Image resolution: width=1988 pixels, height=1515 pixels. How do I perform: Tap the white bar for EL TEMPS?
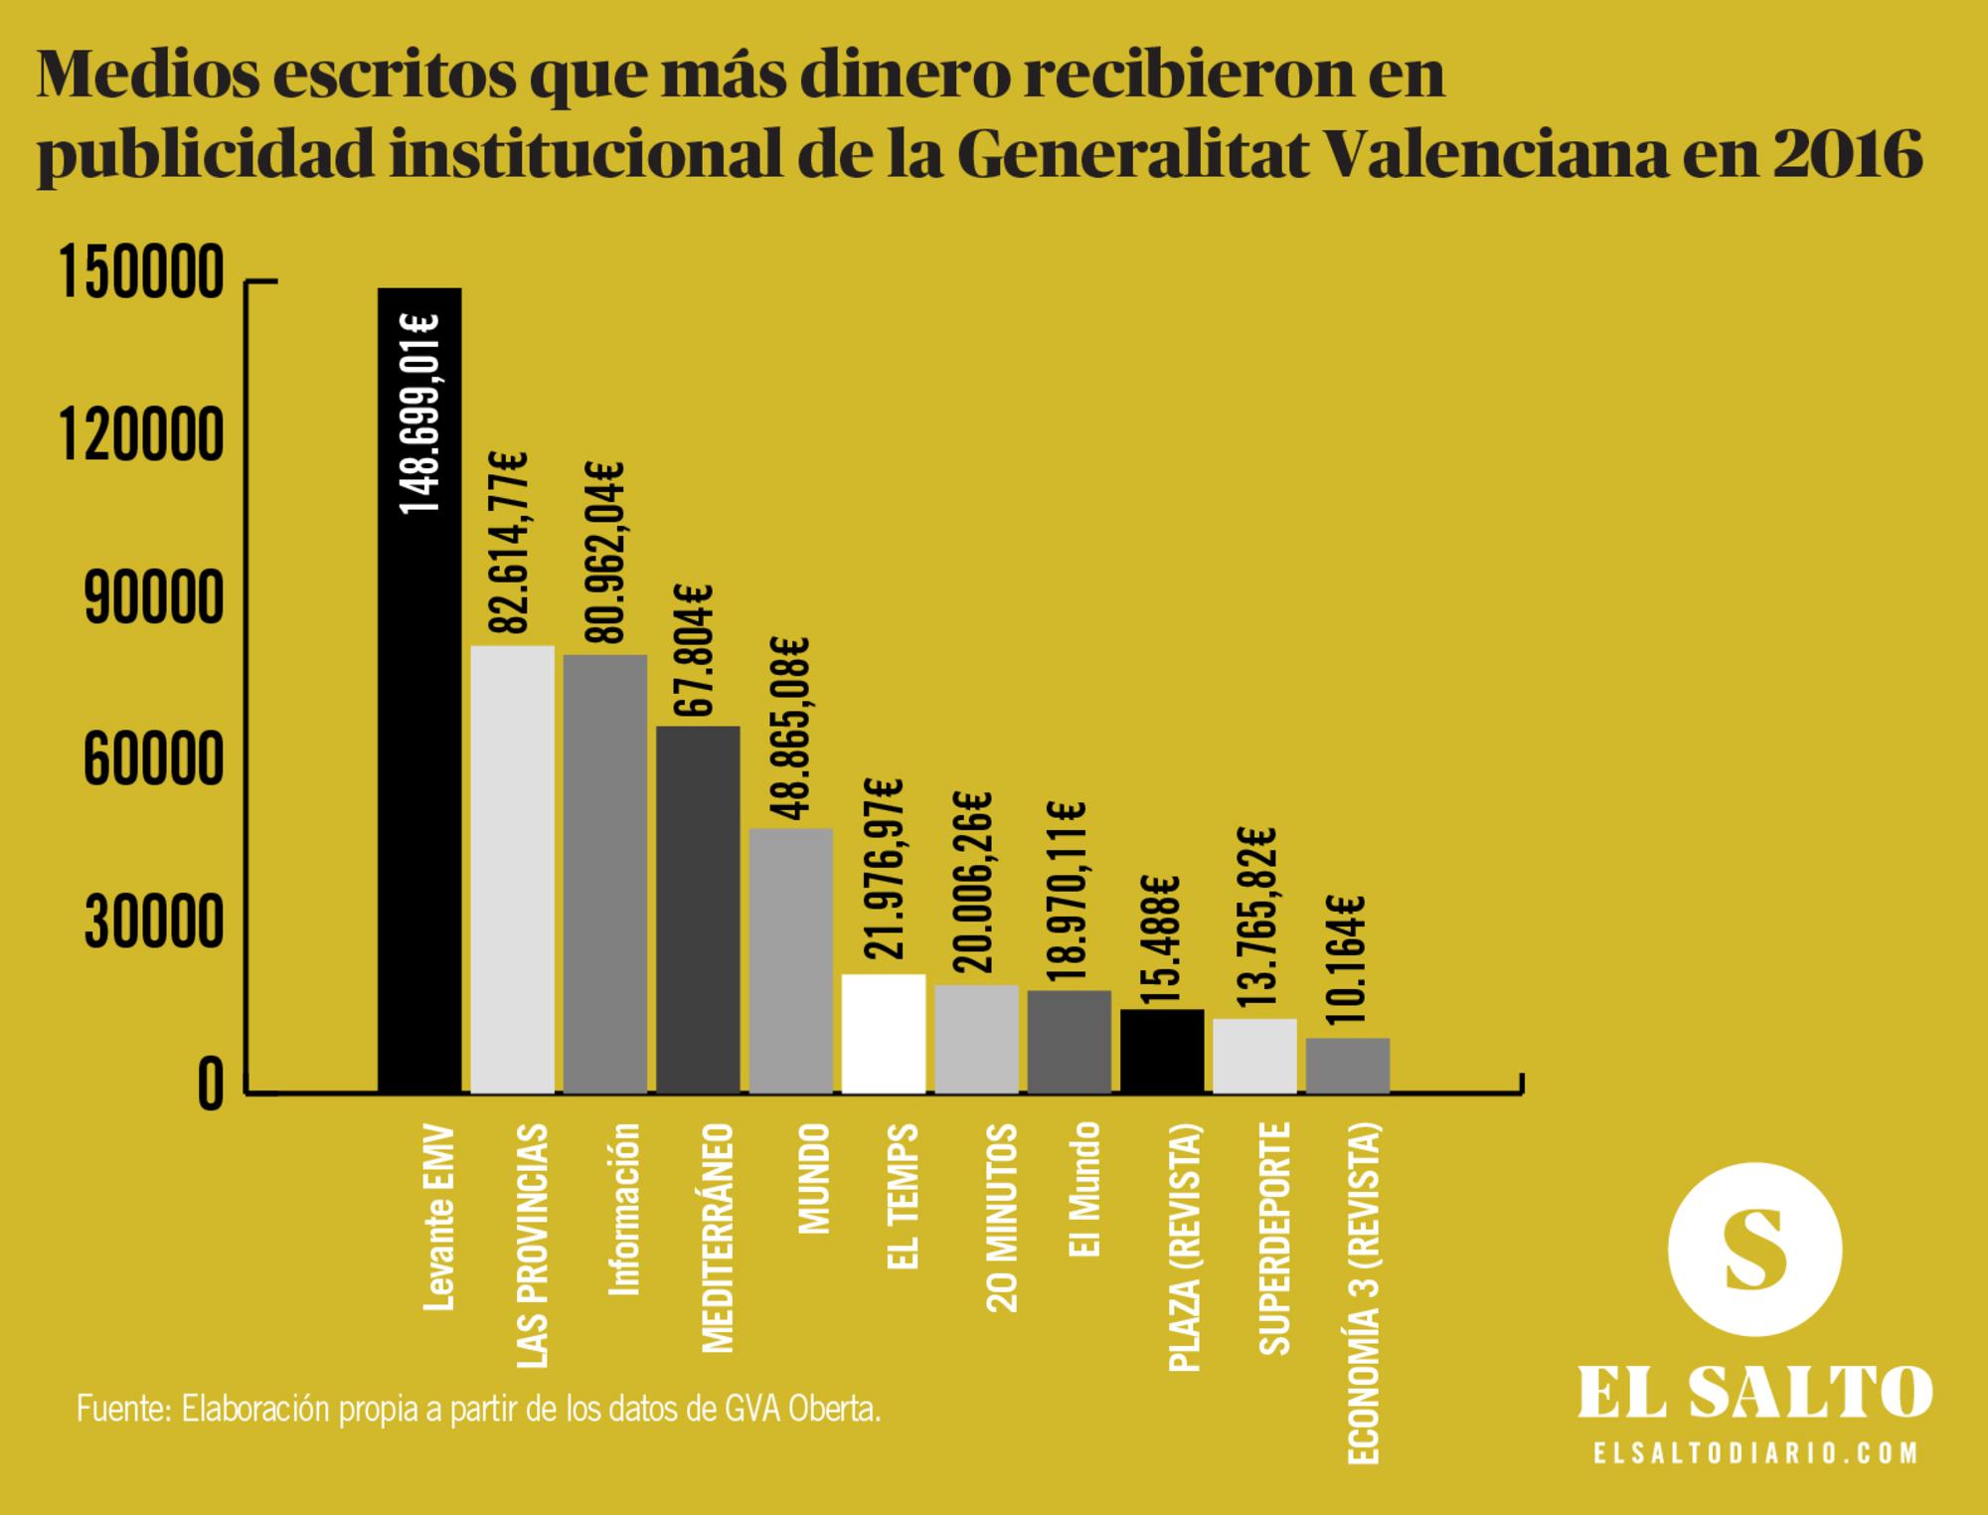click(x=884, y=1034)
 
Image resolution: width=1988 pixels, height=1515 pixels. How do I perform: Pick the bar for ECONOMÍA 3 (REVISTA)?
click(x=1347, y=1066)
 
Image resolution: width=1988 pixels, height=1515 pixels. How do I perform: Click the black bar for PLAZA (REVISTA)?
click(x=1162, y=1052)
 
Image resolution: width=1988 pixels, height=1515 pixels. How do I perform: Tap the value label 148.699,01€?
click(x=419, y=414)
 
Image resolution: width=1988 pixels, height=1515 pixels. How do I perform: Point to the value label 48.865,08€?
click(x=791, y=730)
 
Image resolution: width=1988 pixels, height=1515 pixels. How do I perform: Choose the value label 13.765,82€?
click(x=1255, y=918)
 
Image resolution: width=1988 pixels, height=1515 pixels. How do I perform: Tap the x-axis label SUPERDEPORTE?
click(x=1274, y=1238)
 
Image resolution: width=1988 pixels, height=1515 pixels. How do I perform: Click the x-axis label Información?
click(x=624, y=1209)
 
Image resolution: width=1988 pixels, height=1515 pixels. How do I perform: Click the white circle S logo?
click(x=1754, y=1250)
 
